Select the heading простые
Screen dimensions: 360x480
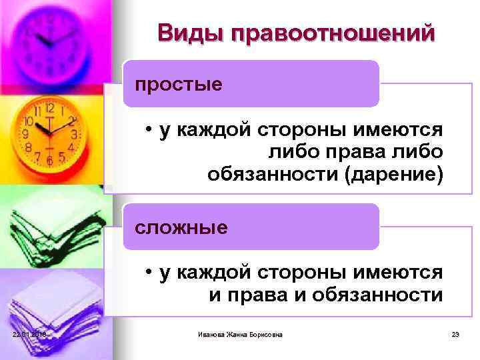[x=179, y=85]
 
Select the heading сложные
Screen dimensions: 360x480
[x=181, y=227]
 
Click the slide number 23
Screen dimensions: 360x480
[x=456, y=334]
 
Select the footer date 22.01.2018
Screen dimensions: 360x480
[x=27, y=334]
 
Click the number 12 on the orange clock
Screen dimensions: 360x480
[x=49, y=107]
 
